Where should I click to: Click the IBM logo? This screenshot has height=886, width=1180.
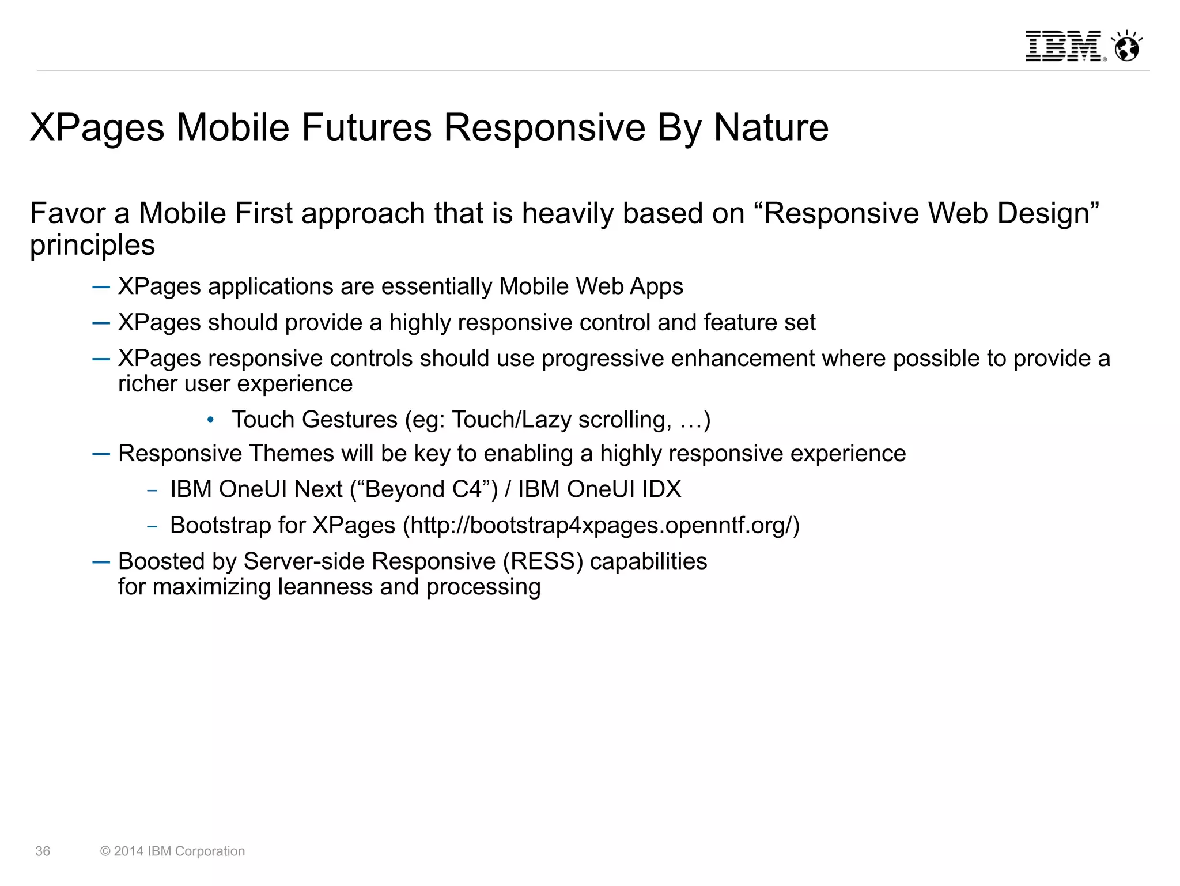click(1063, 46)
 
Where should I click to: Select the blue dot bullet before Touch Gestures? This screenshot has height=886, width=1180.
click(211, 420)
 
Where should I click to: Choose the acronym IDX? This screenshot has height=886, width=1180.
click(661, 489)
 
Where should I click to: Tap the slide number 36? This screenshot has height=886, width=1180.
click(43, 851)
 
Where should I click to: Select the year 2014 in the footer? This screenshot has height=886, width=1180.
click(128, 851)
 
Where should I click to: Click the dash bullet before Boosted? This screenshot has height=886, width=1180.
click(101, 562)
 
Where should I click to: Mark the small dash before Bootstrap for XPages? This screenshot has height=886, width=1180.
click(152, 526)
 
